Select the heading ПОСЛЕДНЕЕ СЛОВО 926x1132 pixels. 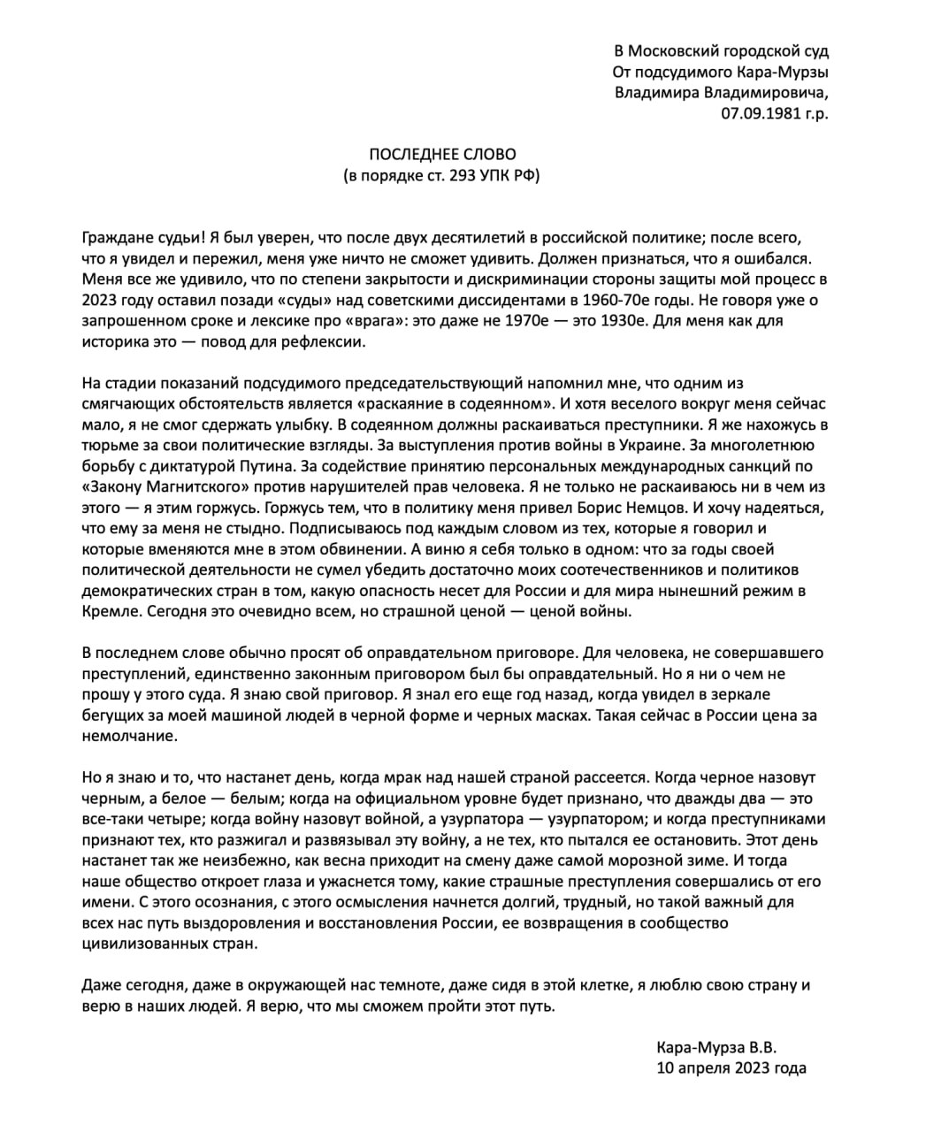pyautogui.click(x=441, y=154)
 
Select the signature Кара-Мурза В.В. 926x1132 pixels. pyautogui.click(x=717, y=1046)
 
